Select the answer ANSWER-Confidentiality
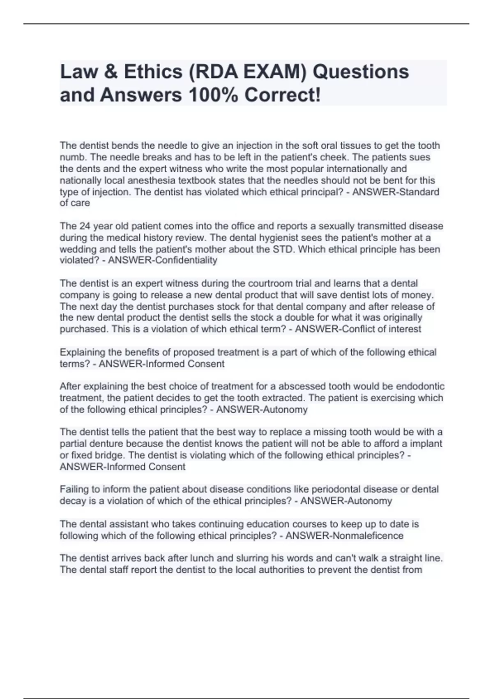[163, 260]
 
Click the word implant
[426, 444]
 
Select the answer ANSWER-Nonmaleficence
[344, 536]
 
